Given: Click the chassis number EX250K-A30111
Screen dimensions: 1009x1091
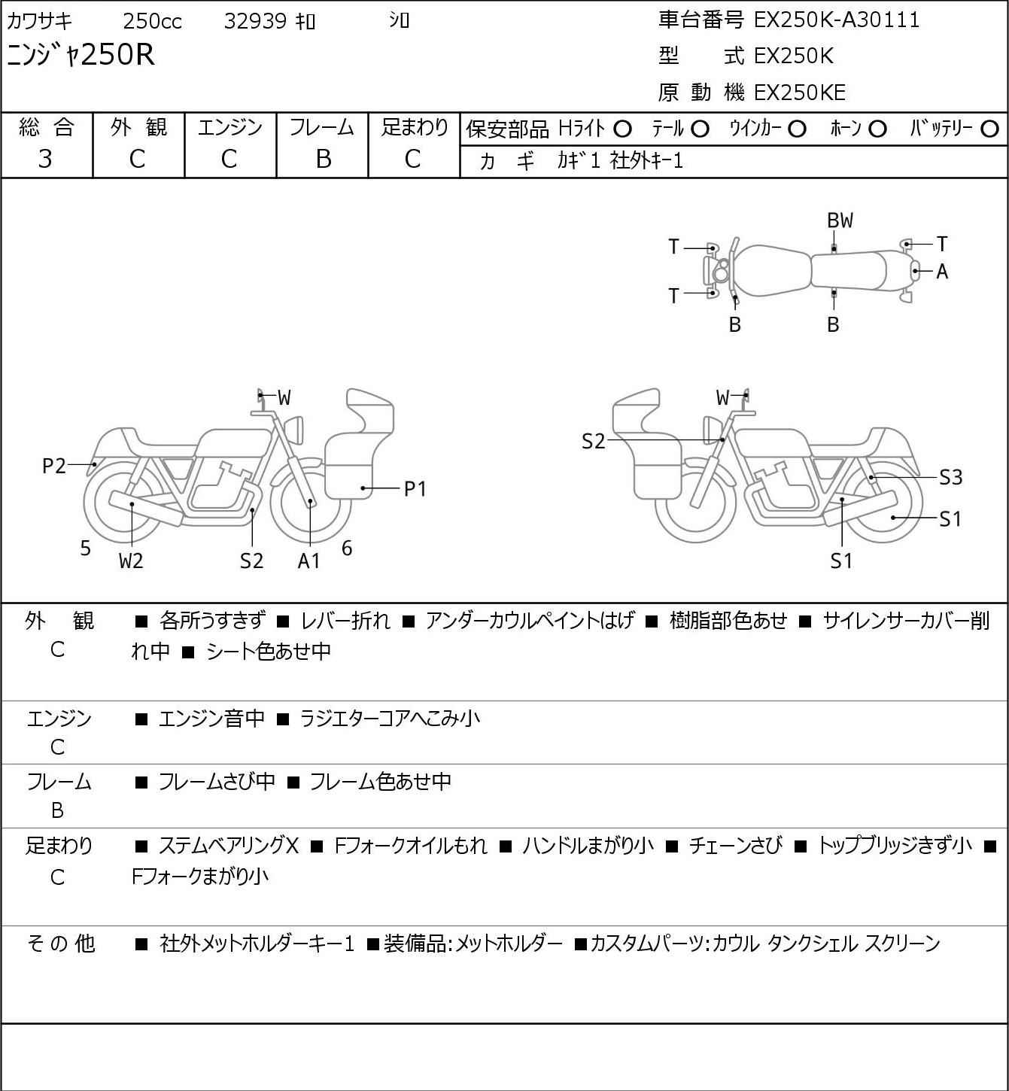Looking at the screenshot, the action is (837, 20).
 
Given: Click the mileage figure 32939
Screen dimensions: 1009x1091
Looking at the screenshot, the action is (255, 21).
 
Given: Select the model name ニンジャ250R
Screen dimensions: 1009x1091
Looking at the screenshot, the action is (81, 54).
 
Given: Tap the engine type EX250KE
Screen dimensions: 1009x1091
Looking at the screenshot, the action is (800, 93).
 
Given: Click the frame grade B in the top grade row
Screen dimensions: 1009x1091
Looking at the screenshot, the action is (323, 160).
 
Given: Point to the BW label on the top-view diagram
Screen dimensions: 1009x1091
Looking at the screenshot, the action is (840, 221).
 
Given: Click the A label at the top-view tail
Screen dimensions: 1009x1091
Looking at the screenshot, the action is (942, 272).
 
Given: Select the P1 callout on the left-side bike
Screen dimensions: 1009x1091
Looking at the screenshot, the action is (415, 489).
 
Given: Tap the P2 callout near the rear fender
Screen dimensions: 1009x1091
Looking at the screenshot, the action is (54, 466).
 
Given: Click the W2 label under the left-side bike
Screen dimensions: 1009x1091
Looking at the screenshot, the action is (131, 561).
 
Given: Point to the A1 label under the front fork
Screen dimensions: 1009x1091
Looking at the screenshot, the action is (308, 561).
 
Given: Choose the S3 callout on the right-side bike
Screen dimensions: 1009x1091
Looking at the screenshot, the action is (951, 477).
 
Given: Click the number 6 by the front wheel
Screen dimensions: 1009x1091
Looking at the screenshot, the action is (347, 548).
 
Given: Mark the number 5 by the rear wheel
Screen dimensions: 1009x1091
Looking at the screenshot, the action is (85, 548).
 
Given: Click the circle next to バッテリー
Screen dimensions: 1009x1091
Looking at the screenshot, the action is (989, 129).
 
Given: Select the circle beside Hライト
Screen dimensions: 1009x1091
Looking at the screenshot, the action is (622, 129).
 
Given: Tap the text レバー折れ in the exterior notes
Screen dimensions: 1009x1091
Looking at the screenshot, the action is (345, 621).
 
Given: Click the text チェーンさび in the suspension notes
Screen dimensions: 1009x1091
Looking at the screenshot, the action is (735, 846).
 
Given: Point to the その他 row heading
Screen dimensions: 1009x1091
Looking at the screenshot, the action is (61, 944).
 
